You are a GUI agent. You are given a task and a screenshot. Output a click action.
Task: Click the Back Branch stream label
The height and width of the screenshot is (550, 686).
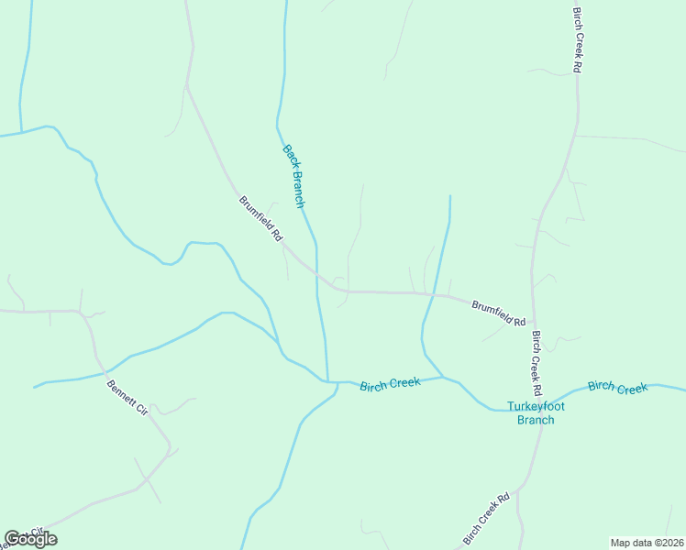tap(293, 176)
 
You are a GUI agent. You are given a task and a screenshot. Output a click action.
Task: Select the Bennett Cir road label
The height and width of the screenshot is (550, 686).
tap(127, 400)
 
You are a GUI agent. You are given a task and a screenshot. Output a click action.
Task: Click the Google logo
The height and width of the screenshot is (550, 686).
tap(30, 539)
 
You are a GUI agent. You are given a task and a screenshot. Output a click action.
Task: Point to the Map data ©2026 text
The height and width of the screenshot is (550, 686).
tap(646, 542)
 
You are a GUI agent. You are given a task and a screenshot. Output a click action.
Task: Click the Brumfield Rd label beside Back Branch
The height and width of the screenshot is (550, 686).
tap(261, 218)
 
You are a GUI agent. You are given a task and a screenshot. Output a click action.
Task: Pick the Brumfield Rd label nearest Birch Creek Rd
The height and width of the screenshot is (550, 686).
tap(498, 313)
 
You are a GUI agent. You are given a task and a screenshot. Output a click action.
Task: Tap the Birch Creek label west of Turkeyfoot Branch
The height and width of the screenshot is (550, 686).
tap(390, 384)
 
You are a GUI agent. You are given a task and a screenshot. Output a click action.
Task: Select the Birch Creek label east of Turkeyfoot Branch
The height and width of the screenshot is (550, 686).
tap(618, 388)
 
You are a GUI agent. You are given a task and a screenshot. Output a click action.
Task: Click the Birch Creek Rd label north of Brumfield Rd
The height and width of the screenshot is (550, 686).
tap(578, 40)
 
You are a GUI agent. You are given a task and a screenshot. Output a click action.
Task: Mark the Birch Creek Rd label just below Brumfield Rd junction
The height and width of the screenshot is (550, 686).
tap(537, 357)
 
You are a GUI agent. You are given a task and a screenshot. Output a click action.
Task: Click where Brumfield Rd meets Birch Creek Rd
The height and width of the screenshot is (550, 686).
tap(533, 322)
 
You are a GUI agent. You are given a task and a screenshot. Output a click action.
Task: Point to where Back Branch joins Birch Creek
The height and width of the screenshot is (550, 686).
tap(326, 380)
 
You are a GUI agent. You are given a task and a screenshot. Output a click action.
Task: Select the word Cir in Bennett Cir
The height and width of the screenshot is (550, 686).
tap(142, 413)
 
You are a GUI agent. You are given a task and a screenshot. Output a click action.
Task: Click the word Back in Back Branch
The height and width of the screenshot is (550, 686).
tap(288, 157)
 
